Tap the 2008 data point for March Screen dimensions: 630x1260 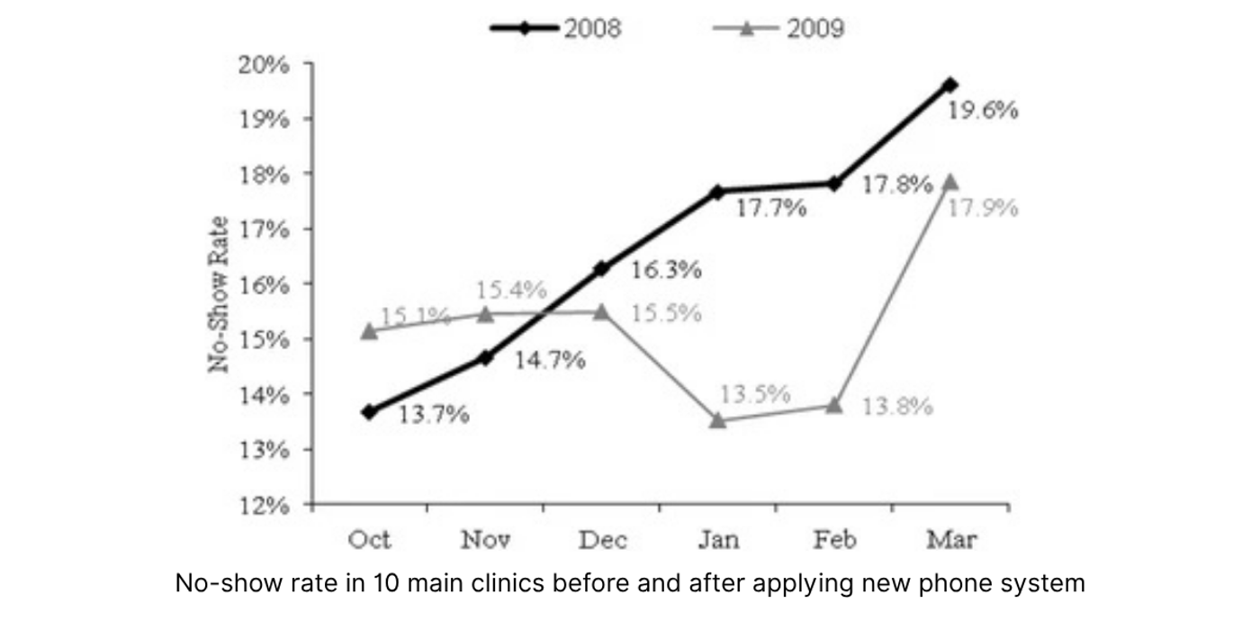click(950, 85)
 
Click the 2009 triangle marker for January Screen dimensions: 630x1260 click(717, 420)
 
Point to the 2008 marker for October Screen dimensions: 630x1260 click(369, 411)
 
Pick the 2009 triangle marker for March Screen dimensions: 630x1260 click(950, 182)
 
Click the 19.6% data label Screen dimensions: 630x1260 click(983, 111)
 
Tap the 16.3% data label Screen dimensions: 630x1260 click(666, 270)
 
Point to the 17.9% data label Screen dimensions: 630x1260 click(983, 209)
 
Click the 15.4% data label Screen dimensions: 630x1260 click(510, 290)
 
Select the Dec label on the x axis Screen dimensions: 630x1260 click(602, 540)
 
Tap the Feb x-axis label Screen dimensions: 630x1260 click(834, 540)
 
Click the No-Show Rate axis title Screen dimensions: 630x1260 click(219, 294)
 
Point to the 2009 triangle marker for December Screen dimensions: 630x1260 click(601, 311)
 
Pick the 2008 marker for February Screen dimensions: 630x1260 click(834, 183)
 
